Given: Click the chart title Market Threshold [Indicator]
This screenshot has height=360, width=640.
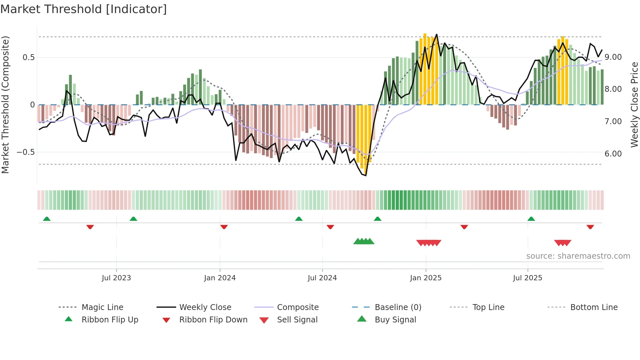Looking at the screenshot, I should (x=84, y=9).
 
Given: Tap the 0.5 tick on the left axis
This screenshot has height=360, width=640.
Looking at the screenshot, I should (x=28, y=57).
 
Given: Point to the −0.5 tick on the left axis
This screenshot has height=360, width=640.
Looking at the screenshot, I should (x=25, y=152).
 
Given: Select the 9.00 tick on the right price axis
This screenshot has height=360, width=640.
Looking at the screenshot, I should (x=613, y=57).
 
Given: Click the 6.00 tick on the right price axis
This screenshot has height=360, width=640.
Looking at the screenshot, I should (x=613, y=154).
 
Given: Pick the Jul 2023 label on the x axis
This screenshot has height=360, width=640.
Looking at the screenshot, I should (x=116, y=278).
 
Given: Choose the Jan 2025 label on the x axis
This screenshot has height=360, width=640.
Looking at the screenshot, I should (x=425, y=278).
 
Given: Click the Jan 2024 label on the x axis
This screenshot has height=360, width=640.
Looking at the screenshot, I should (x=220, y=278).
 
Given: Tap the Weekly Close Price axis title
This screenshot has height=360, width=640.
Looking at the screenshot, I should (x=634, y=105).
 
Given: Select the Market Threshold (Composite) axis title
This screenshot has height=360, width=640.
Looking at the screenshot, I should (x=5, y=105).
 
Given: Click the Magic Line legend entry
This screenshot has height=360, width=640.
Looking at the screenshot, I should (x=102, y=307).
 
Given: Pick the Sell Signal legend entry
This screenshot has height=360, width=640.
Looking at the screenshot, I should (x=297, y=320).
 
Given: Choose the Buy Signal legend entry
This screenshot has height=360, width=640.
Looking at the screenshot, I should (x=395, y=320).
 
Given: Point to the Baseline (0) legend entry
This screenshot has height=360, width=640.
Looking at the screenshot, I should (x=398, y=307).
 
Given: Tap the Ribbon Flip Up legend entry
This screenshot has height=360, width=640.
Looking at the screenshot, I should (x=110, y=320).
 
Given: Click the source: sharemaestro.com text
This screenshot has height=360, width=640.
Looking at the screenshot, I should (x=578, y=256).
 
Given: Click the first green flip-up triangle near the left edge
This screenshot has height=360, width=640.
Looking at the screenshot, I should (x=47, y=219).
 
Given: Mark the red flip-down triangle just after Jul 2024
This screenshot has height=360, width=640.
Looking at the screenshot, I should (x=330, y=227).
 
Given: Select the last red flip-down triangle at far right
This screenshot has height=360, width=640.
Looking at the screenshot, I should (x=590, y=227).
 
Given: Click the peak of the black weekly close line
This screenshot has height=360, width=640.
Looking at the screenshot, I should (x=437, y=34).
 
